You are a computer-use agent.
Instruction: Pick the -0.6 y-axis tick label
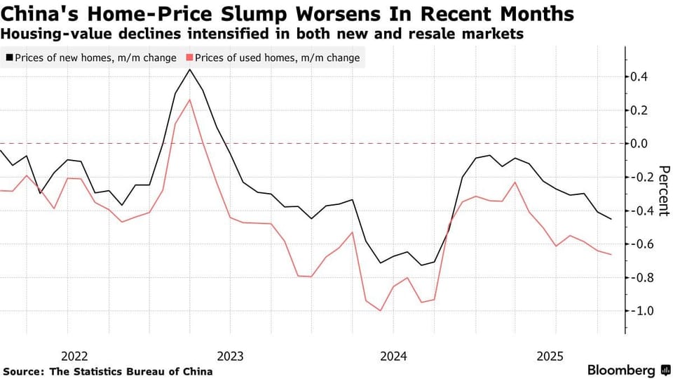click(x=638, y=244)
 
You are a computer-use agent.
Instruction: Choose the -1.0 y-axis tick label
click(x=638, y=311)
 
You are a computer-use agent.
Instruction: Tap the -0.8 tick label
click(x=638, y=277)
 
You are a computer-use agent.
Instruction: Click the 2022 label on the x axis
click(x=74, y=355)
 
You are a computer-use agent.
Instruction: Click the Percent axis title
click(x=665, y=191)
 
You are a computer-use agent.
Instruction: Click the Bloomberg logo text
click(x=620, y=370)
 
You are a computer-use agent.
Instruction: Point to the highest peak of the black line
click(x=189, y=69)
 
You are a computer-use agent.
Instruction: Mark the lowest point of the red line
click(x=381, y=310)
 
